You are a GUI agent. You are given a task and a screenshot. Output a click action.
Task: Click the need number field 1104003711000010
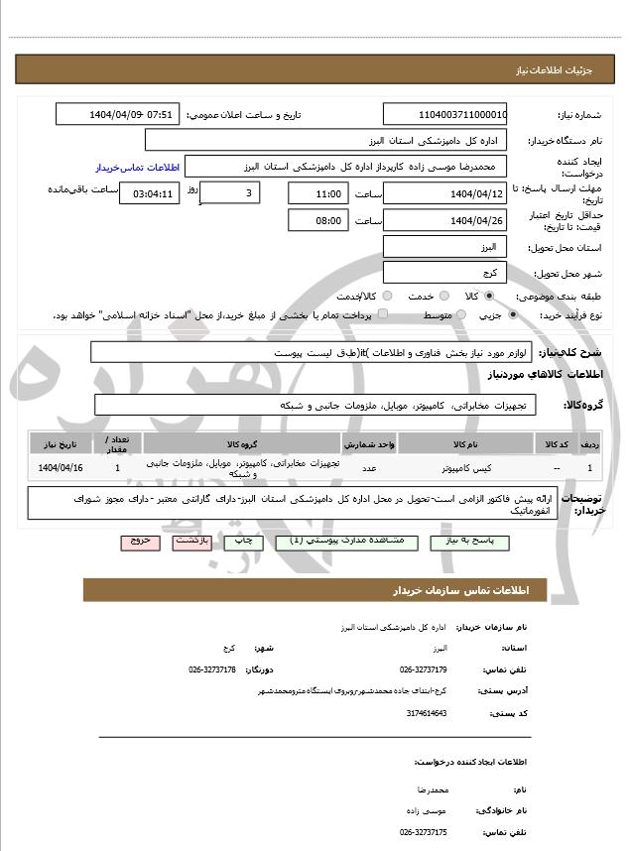click(444, 114)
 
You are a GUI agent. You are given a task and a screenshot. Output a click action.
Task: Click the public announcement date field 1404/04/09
click(118, 114)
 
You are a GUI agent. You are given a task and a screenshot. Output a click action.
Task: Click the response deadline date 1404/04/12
click(444, 193)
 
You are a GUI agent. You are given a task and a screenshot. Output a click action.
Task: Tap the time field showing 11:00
click(318, 193)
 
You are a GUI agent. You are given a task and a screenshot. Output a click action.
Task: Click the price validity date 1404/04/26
click(444, 220)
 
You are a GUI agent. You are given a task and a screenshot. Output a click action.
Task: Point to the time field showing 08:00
click(318, 220)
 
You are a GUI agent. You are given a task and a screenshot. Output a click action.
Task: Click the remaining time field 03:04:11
click(150, 193)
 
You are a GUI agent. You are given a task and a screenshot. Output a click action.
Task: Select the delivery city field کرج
click(444, 272)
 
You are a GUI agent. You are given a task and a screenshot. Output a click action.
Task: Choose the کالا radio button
click(489, 296)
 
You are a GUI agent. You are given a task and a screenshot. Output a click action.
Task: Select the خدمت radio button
click(442, 296)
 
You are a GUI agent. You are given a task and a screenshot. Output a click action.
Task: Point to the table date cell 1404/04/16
click(61, 466)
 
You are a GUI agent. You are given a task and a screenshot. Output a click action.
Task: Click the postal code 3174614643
click(428, 712)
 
